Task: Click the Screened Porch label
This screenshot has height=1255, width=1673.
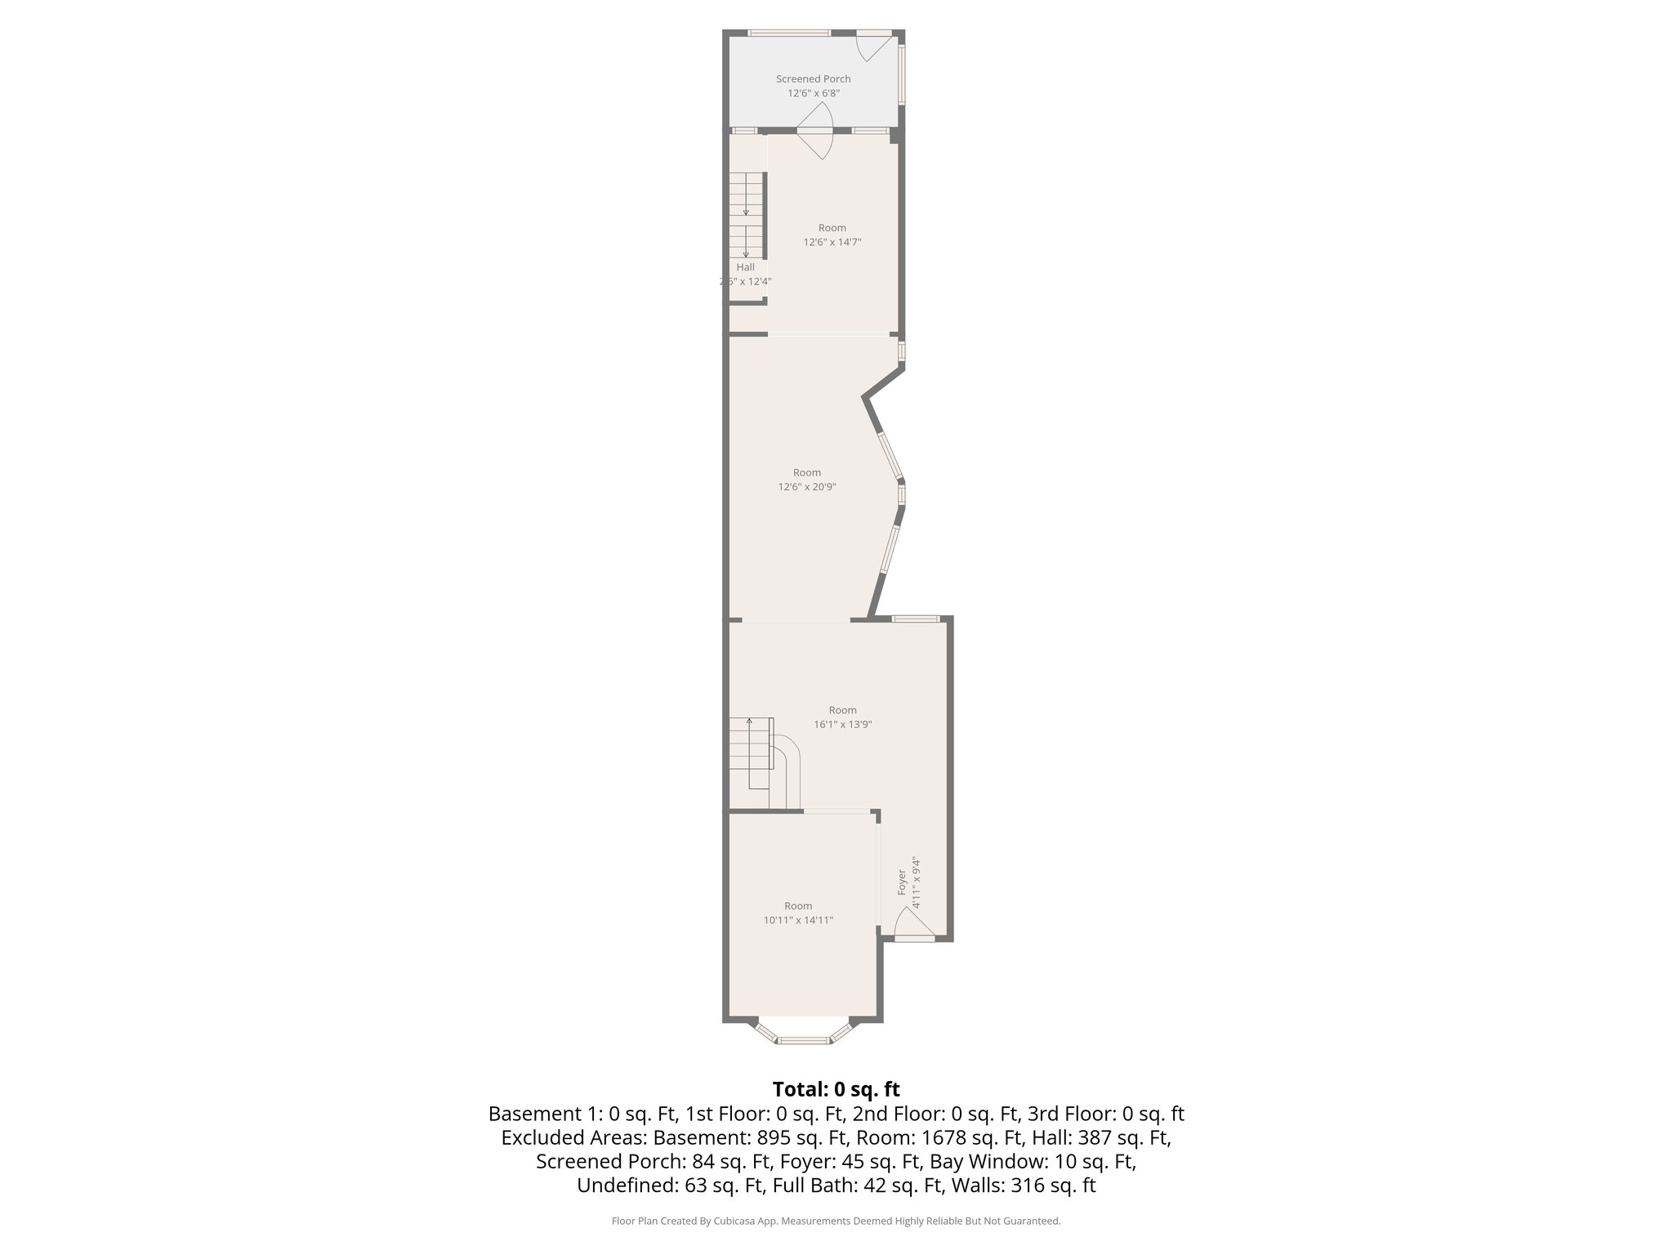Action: click(813, 79)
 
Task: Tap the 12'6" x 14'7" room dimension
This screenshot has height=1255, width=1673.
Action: click(832, 242)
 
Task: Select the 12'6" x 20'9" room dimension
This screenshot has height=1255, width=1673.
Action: click(806, 487)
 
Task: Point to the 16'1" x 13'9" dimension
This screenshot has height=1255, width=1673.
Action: click(843, 725)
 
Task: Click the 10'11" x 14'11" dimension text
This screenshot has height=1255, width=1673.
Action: click(798, 920)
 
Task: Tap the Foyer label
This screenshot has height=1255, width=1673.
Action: click(902, 882)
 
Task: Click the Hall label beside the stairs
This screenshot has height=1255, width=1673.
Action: click(745, 267)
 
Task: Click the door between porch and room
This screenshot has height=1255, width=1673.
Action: click(814, 142)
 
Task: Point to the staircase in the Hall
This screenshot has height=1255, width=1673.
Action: click(746, 217)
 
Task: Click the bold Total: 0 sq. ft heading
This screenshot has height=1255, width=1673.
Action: click(836, 1089)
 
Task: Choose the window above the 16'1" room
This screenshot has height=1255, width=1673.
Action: click(915, 619)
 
